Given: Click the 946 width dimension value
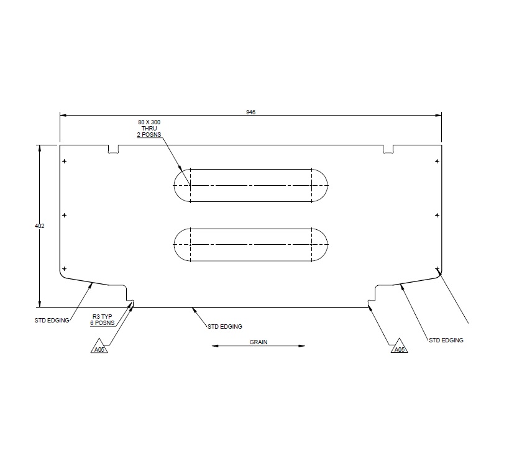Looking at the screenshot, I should pyautogui.click(x=250, y=112).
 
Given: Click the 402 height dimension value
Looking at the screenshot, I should pyautogui.click(x=40, y=226).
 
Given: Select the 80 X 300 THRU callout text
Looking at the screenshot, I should pyautogui.click(x=149, y=128).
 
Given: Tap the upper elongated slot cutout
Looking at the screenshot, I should pyautogui.click(x=251, y=185).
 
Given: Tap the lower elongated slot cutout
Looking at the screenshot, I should pyautogui.click(x=251, y=245).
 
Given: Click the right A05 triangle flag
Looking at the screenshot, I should pyautogui.click(x=399, y=349).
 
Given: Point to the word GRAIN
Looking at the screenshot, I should pyautogui.click(x=259, y=342).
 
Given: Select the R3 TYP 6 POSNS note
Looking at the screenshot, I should pyautogui.click(x=103, y=320).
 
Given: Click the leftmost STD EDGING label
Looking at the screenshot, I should pyautogui.click(x=52, y=321).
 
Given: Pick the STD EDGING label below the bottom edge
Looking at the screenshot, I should pyautogui.click(x=224, y=326).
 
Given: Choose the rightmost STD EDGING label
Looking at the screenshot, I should pyautogui.click(x=446, y=340).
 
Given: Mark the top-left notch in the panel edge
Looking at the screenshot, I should pyautogui.click(x=113, y=149).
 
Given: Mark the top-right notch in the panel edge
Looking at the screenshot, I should pyautogui.click(x=388, y=149).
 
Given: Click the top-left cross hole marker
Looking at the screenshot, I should pyautogui.click(x=65, y=162).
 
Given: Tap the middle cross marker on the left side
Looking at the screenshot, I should pyautogui.click(x=65, y=216).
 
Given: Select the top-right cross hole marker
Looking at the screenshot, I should pyautogui.click(x=437, y=162).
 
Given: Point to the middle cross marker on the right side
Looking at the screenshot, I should pyautogui.click(x=437, y=216).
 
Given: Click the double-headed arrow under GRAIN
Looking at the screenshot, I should pyautogui.click(x=259, y=347).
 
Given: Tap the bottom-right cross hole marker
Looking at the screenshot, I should pyautogui.click(x=437, y=269).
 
